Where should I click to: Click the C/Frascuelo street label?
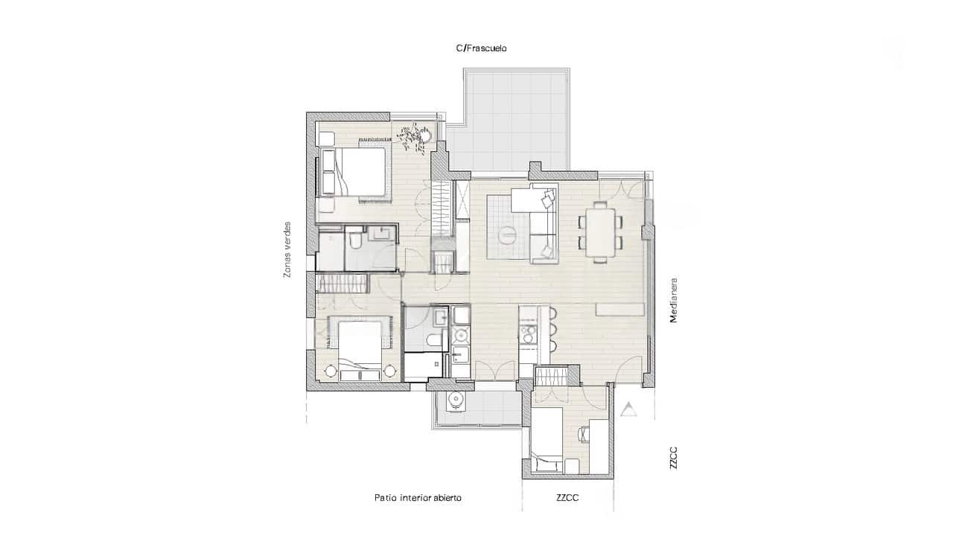point(481,48)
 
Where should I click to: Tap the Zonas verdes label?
point(287,250)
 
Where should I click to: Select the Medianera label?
point(673,299)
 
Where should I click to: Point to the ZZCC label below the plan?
point(567,498)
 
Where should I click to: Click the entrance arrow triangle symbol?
point(630,408)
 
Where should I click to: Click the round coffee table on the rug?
point(509,234)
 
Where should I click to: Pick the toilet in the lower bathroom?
point(433,342)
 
